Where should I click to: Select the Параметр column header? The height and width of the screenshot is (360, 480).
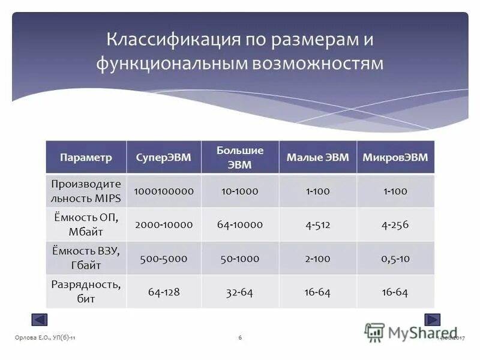click(86, 158)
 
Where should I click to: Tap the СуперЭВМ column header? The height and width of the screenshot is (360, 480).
click(164, 158)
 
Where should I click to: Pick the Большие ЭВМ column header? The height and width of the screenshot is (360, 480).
click(240, 157)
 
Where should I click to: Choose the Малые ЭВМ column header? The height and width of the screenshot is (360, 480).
click(317, 158)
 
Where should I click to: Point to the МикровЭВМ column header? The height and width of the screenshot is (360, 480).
click(395, 158)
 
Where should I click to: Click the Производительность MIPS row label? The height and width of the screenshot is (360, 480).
click(86, 190)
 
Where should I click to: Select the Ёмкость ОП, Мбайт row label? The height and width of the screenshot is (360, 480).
click(86, 224)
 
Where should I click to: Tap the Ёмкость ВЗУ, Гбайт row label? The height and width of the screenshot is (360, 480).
click(86, 258)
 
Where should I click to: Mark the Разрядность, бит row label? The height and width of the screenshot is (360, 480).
click(86, 291)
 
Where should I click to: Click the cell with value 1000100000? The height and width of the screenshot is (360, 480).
click(164, 191)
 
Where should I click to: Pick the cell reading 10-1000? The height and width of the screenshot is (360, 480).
click(240, 191)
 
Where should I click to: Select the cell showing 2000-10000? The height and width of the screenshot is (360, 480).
click(164, 225)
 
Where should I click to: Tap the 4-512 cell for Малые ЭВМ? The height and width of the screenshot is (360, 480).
click(317, 225)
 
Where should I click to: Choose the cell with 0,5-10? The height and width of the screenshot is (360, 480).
click(395, 259)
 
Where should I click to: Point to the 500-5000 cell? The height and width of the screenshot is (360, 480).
click(164, 259)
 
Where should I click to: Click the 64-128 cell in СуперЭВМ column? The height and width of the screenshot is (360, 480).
click(164, 292)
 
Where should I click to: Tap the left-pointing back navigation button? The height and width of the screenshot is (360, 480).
click(40, 320)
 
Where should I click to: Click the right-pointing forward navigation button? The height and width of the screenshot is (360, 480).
click(433, 320)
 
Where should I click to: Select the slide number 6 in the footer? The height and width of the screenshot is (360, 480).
click(240, 338)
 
